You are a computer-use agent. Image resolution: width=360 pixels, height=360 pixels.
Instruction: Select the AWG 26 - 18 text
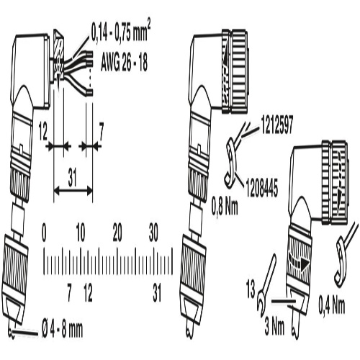pos(124,63)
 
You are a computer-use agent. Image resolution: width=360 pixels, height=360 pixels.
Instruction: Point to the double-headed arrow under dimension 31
pos(73,191)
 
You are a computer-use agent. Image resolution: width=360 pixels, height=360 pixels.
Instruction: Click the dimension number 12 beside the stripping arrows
pos(43,132)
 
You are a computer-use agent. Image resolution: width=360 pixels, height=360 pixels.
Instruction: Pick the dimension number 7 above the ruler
pos(102,132)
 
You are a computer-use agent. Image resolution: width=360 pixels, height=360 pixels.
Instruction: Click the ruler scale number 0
pos(44,233)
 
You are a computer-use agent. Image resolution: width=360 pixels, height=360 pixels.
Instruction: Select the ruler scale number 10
pos(81,233)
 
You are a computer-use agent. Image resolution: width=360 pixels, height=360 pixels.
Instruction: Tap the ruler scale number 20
pos(117,233)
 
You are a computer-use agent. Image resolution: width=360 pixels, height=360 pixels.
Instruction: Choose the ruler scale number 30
pos(153,233)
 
